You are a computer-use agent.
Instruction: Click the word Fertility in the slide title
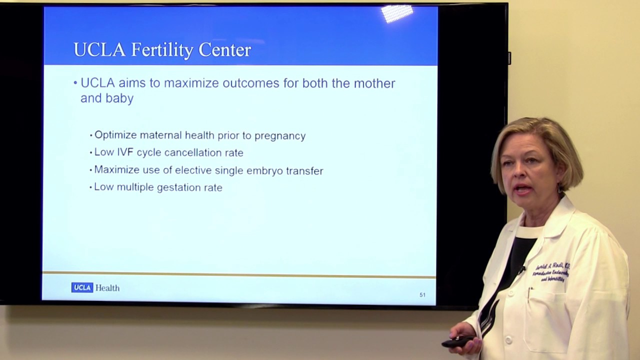click(162, 50)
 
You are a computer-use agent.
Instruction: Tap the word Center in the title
click(224, 50)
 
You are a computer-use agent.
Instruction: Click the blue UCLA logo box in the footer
click(82, 287)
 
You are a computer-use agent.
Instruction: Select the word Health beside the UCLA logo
click(107, 288)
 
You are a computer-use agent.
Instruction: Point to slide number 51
click(422, 295)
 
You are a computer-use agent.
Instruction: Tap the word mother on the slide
click(374, 83)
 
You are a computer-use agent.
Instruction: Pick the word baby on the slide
click(119, 98)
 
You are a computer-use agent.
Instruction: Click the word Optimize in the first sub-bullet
click(115, 135)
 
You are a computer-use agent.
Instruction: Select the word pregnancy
click(280, 136)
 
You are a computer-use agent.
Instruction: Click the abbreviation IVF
click(125, 152)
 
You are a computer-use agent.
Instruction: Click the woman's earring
click(559, 189)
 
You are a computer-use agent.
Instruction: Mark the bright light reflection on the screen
click(397, 13)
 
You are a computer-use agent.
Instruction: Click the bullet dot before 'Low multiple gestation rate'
click(91, 188)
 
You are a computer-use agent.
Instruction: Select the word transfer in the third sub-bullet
click(304, 171)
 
